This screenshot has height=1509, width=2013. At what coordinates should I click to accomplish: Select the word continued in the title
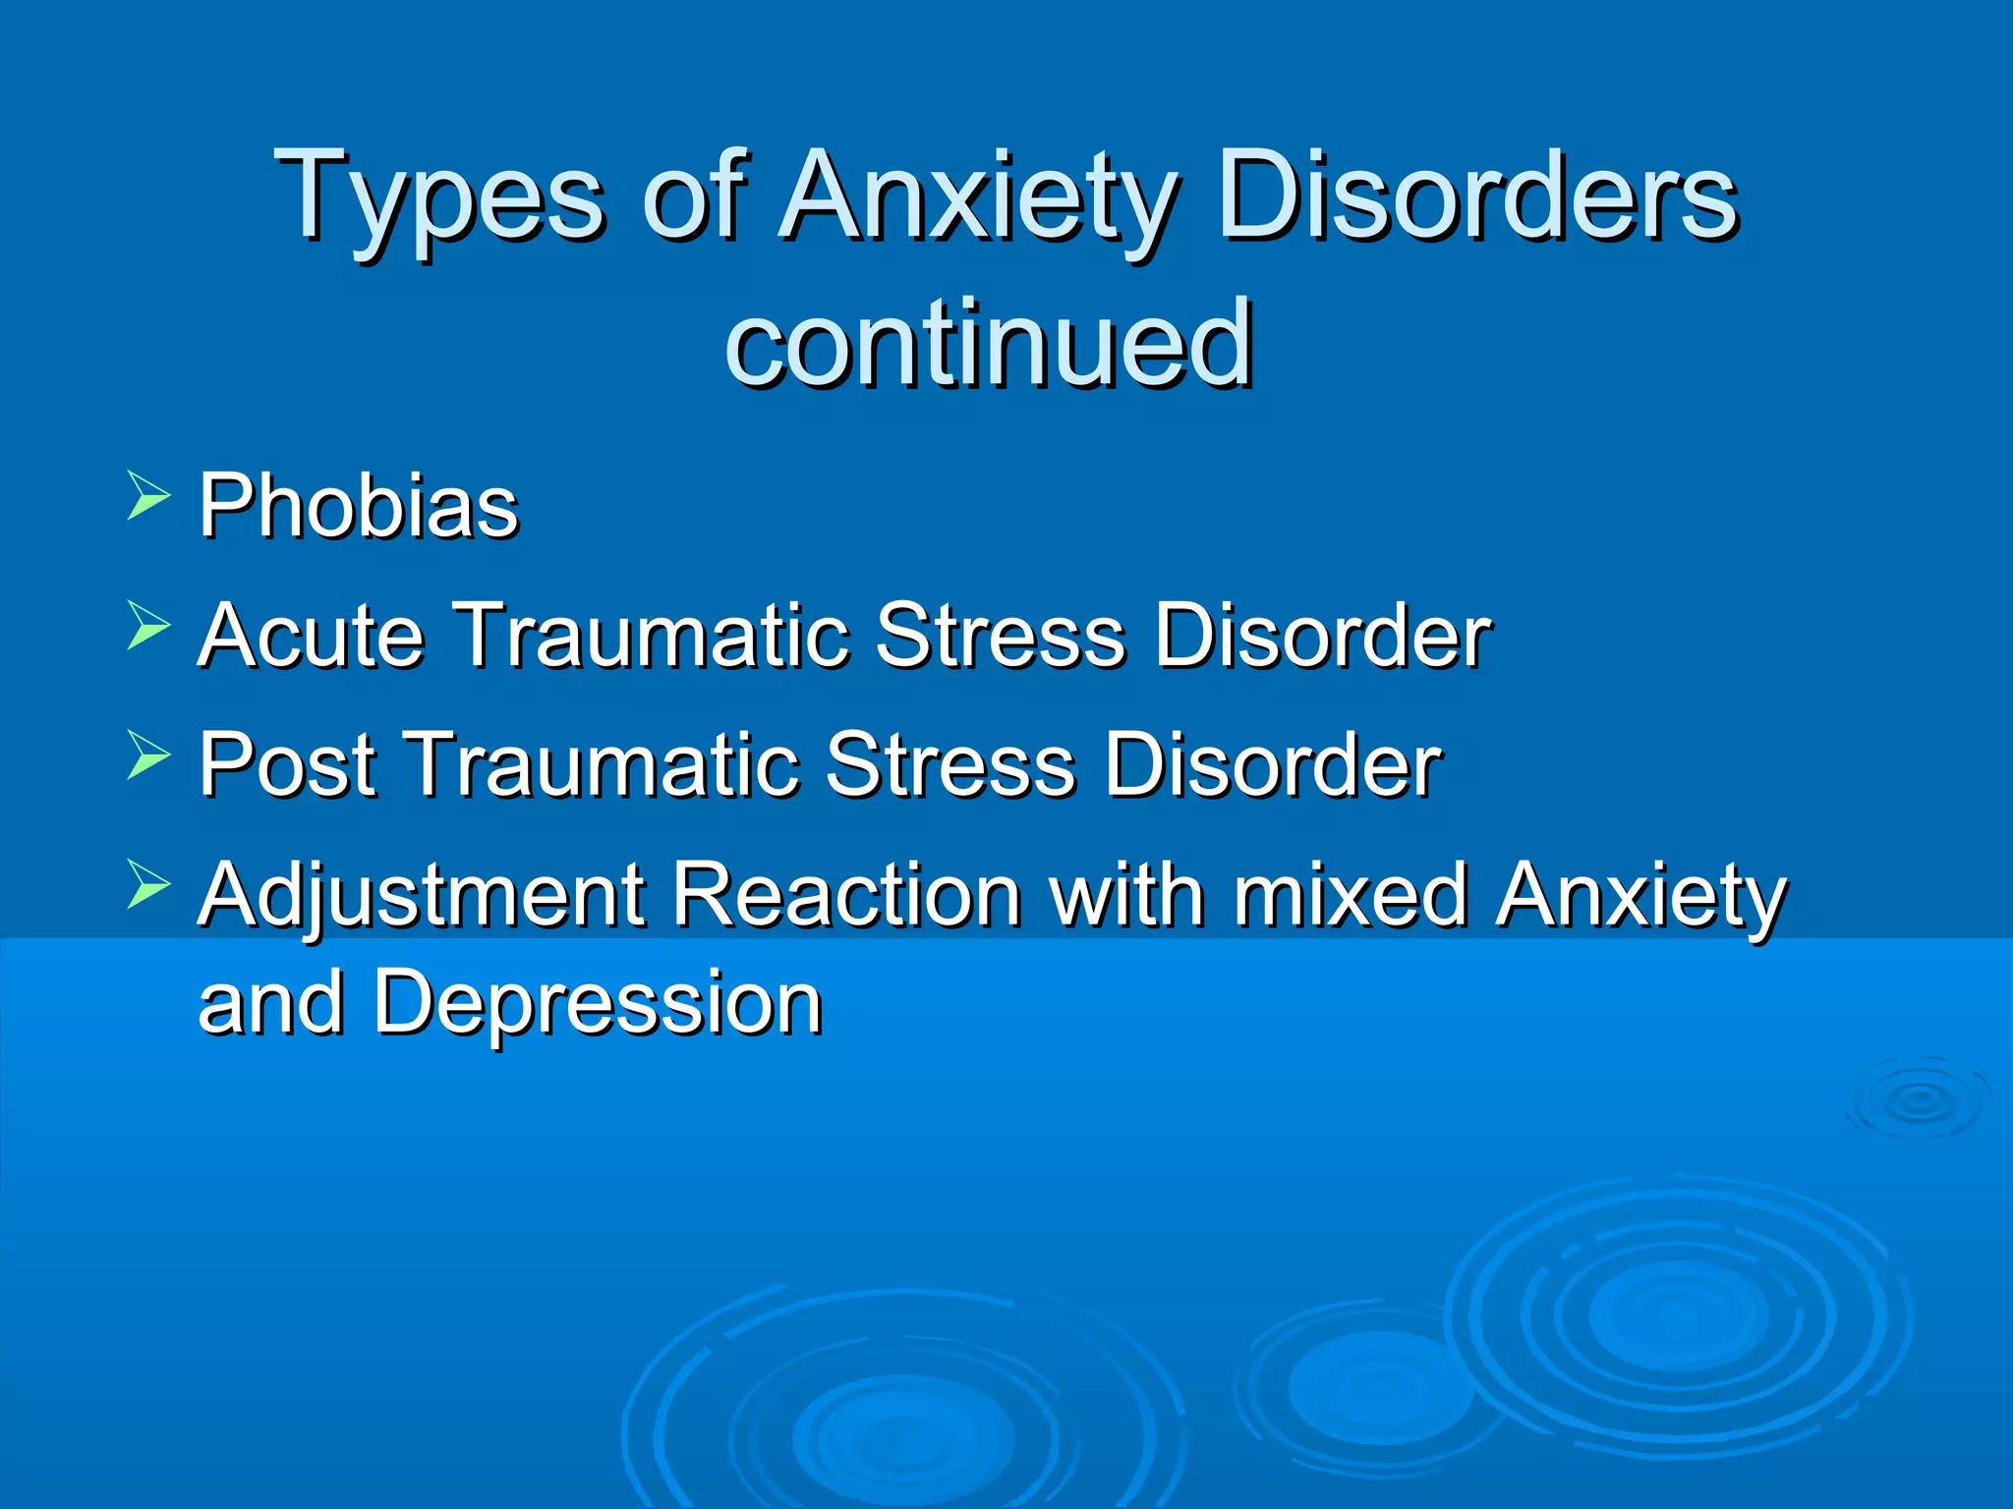coord(989,344)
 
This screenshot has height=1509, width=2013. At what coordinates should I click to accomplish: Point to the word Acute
coord(312,636)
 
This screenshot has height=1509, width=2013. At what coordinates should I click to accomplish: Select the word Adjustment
coord(421,896)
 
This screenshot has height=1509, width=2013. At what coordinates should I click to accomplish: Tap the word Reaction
coord(846,896)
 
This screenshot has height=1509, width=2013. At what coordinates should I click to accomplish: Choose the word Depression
coord(597,1004)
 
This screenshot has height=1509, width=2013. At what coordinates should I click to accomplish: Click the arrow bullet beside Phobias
coord(148,495)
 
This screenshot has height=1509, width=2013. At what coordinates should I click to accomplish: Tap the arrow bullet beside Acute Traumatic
coord(148,626)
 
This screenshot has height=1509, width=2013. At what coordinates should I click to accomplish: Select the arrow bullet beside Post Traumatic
coord(148,755)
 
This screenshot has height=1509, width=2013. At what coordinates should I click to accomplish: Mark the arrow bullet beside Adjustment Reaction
coord(148,884)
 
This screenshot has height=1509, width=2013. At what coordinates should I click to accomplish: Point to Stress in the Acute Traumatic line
coord(1000,636)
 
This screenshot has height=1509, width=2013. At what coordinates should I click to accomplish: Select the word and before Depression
coord(270,1004)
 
